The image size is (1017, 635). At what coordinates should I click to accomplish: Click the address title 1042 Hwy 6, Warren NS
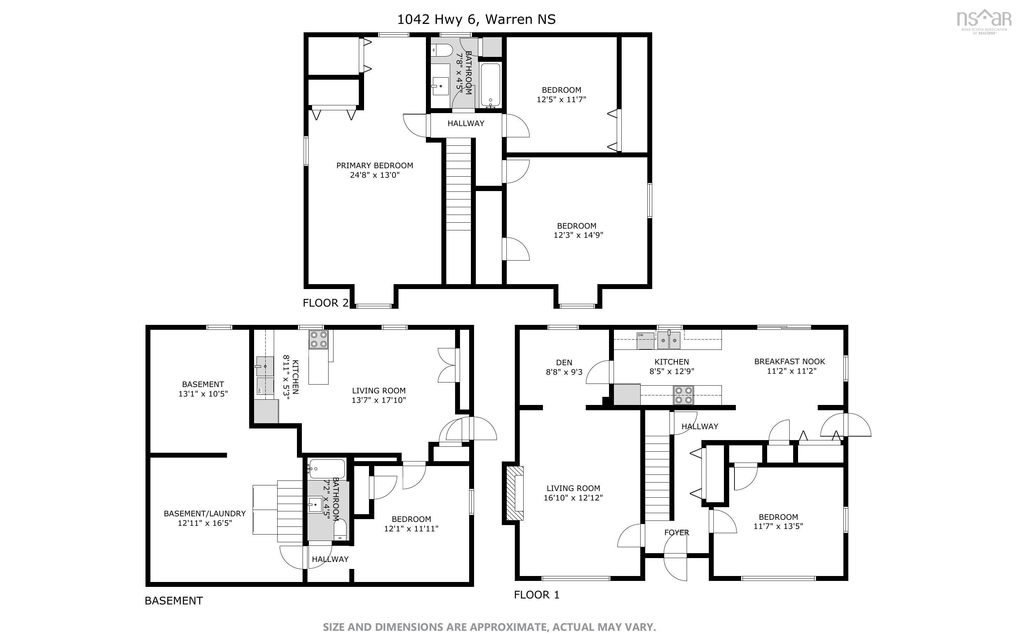[477, 19]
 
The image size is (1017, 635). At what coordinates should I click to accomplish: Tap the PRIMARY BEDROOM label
[374, 165]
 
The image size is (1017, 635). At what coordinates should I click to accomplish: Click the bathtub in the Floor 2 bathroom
[490, 85]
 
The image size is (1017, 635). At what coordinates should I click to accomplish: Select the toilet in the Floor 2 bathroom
[441, 50]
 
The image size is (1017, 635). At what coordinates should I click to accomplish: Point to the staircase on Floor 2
[458, 185]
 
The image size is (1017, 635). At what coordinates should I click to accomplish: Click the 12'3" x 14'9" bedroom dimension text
[578, 235]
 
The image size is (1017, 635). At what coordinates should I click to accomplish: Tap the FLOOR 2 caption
[325, 303]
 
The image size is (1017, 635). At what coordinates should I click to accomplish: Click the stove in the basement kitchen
[318, 339]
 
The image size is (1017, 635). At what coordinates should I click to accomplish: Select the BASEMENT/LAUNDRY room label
[205, 513]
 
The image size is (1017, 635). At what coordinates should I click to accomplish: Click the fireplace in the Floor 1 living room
[514, 493]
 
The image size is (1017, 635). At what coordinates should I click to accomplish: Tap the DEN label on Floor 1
[564, 362]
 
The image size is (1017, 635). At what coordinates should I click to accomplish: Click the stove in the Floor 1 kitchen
[684, 395]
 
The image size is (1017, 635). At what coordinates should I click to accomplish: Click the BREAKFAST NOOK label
[789, 361]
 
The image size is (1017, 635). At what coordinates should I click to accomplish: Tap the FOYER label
[676, 532]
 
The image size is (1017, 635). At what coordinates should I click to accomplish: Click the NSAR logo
[983, 22]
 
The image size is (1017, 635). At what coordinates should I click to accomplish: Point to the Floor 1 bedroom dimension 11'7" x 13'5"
[778, 526]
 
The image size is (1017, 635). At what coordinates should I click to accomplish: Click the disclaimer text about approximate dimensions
[489, 627]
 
